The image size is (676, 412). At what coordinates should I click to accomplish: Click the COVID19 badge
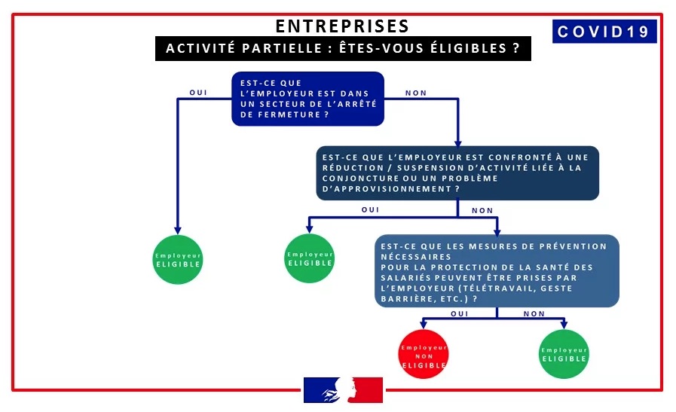point(604,32)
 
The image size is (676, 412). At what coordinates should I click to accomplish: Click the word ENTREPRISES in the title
point(342,26)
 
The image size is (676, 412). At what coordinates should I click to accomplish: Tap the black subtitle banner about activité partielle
point(342,49)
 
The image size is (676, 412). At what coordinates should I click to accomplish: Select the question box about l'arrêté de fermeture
point(307,98)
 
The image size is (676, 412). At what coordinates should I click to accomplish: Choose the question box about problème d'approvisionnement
point(458,173)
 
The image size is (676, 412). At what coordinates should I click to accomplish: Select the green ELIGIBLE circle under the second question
point(310,258)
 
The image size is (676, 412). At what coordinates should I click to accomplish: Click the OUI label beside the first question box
point(198,93)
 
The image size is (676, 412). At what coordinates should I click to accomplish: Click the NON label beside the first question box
point(416,93)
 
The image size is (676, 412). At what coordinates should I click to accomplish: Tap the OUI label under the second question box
point(371,210)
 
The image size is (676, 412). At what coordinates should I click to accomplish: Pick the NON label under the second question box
point(482,210)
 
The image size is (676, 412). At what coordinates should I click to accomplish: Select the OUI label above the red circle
point(459,313)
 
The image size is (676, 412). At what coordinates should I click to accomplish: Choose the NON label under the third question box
point(534,313)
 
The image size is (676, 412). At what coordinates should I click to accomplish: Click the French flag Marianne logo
point(343,390)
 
